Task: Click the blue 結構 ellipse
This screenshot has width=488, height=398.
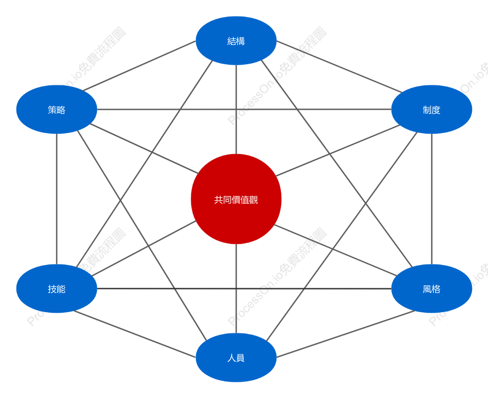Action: click(236, 41)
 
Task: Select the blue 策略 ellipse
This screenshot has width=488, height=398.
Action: click(57, 109)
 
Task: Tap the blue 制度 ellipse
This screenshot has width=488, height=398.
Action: click(432, 109)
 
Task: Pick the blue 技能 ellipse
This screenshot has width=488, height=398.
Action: click(57, 289)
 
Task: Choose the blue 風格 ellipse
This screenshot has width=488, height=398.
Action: click(432, 289)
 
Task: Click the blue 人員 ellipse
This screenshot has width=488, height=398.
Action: click(236, 357)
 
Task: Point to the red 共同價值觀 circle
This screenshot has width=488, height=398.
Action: click(236, 199)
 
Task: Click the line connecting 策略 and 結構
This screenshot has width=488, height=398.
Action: click(139, 66)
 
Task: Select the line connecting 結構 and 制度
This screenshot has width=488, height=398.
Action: click(339, 67)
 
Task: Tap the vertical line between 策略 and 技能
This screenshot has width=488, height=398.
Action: click(57, 199)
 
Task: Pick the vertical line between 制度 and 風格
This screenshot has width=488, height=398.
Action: click(432, 199)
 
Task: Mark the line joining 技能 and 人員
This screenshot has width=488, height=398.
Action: click(135, 334)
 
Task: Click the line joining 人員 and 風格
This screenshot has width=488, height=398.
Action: click(346, 334)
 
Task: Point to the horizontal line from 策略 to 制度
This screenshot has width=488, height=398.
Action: click(244, 109)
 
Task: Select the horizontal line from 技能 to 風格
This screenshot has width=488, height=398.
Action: click(244, 289)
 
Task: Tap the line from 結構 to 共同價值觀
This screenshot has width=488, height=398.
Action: click(236, 109)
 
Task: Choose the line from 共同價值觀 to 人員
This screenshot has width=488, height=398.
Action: click(236, 289)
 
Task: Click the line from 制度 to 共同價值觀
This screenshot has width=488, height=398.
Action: click(338, 151)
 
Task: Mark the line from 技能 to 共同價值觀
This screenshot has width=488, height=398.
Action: click(144, 248)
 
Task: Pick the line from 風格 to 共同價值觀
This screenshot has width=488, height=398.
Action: click(335, 250)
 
